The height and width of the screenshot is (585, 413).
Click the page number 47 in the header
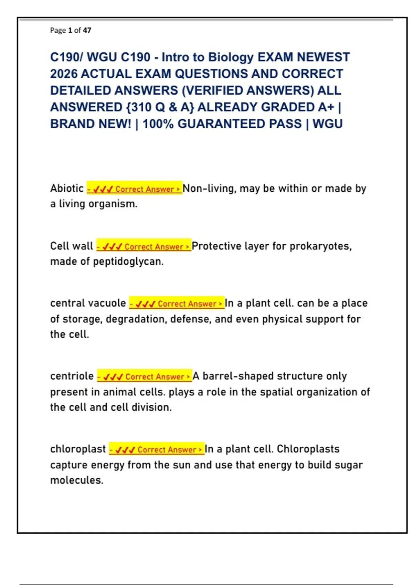(87, 30)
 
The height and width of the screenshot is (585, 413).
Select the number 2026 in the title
(64, 74)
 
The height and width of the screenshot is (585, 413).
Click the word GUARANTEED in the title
(240, 124)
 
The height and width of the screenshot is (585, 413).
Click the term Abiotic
(67, 188)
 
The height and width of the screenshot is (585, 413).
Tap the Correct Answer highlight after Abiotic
(134, 189)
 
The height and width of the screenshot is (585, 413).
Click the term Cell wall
(72, 246)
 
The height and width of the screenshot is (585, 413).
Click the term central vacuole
(88, 303)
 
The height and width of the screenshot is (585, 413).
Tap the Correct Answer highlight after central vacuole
(177, 304)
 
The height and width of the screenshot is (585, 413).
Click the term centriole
(72, 376)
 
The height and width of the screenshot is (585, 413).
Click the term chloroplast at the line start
(78, 449)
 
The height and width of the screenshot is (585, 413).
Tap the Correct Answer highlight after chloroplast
(157, 449)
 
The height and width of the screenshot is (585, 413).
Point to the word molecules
(76, 480)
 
